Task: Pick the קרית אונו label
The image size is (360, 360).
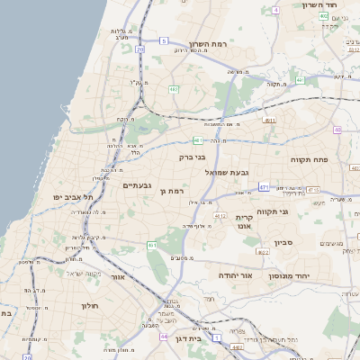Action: [247, 221]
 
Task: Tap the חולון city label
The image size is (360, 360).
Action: [89, 306]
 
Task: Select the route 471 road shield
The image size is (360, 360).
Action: [264, 187]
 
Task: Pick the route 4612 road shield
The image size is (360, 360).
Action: [220, 215]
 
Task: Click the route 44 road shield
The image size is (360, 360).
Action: [164, 336]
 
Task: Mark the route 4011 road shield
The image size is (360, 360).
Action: [269, 119]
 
